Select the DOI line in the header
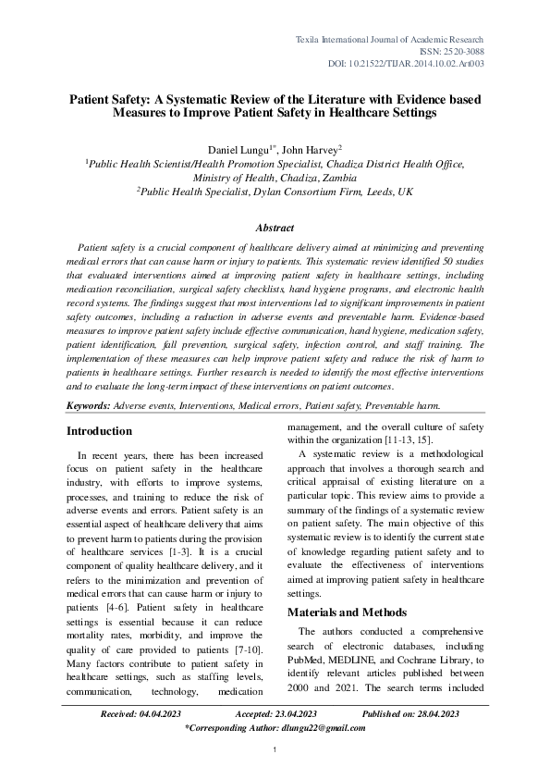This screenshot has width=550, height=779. click(x=406, y=64)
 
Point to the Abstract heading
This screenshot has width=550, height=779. click(x=275, y=228)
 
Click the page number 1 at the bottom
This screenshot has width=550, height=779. click(x=275, y=760)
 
